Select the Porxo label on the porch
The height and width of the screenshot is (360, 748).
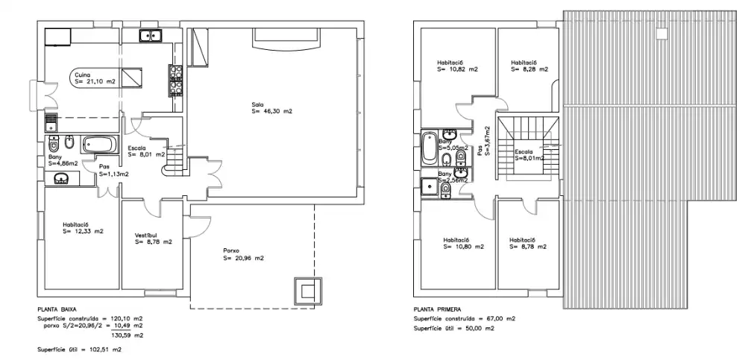231,251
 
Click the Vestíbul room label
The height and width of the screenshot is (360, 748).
146,235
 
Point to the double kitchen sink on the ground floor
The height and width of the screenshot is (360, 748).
151,35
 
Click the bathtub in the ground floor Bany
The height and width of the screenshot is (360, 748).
99,144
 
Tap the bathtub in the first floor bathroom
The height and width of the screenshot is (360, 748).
430,148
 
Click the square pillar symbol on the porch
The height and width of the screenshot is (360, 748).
307,291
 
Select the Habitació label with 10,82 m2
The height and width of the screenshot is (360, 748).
450,62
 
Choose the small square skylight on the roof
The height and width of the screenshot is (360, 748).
661,34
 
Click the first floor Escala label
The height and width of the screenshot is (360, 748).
524,152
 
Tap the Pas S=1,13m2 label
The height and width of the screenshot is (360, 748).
113,171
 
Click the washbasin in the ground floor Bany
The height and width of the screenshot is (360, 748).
61,178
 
